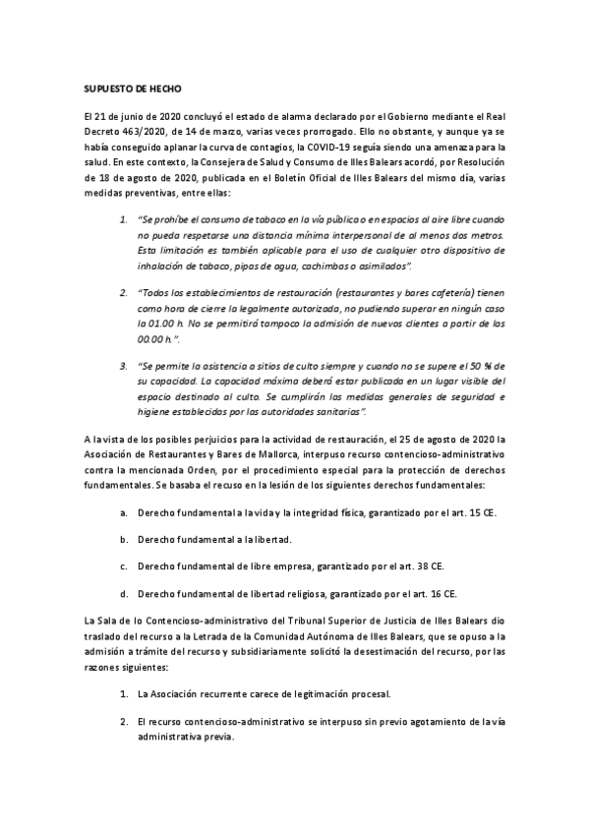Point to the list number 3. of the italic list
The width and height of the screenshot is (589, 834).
(124, 366)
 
